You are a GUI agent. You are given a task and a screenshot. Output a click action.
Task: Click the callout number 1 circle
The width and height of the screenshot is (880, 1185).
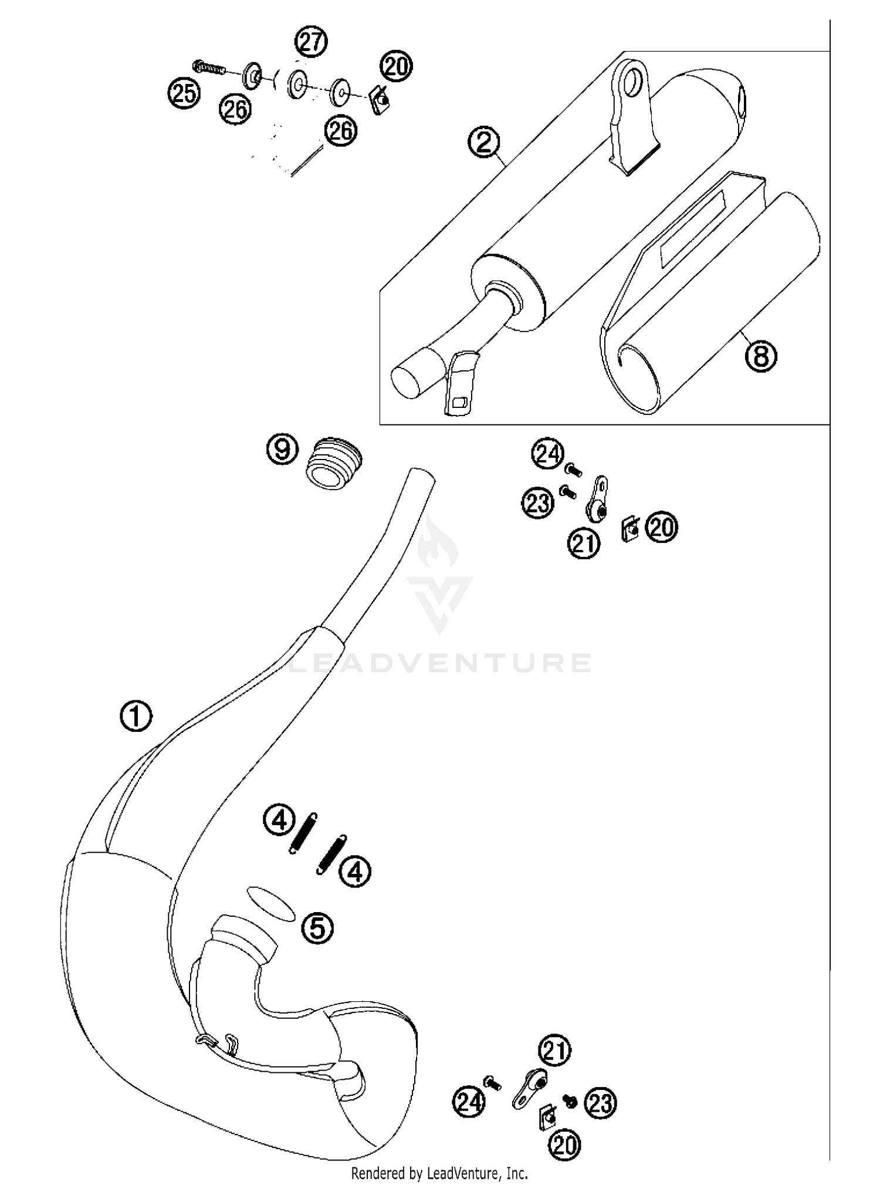click(136, 717)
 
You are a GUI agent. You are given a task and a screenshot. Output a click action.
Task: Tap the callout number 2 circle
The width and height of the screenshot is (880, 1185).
click(484, 142)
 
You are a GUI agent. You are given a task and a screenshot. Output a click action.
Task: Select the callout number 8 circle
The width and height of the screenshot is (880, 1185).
click(760, 356)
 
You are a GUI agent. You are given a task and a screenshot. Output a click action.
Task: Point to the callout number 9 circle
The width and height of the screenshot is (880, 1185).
click(282, 451)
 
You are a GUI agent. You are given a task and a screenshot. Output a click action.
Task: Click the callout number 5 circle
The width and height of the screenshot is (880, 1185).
click(317, 928)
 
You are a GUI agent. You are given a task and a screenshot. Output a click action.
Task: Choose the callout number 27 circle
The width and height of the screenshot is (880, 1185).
click(311, 42)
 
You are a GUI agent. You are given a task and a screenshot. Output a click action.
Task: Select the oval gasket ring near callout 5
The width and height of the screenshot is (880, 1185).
click(270, 904)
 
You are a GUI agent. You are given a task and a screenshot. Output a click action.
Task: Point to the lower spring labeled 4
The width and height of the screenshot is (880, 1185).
click(331, 855)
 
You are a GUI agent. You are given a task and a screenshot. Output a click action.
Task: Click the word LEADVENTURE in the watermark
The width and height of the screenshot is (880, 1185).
click(440, 663)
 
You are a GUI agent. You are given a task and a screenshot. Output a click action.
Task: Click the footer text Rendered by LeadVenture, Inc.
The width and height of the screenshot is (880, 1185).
click(439, 1173)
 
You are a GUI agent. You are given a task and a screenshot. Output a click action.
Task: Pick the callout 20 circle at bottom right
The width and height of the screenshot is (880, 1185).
click(564, 1145)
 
